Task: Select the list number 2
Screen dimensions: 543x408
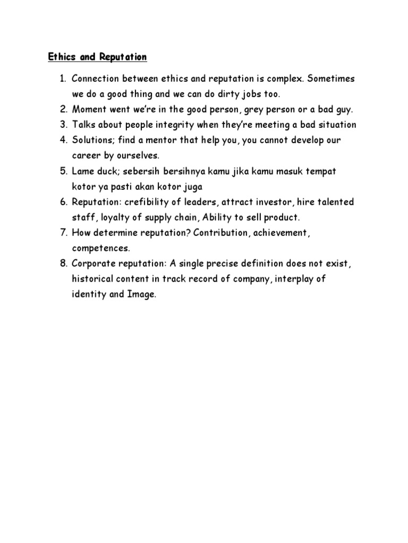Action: point(63,110)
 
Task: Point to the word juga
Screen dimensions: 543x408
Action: point(192,187)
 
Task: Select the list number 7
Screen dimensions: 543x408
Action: point(63,233)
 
